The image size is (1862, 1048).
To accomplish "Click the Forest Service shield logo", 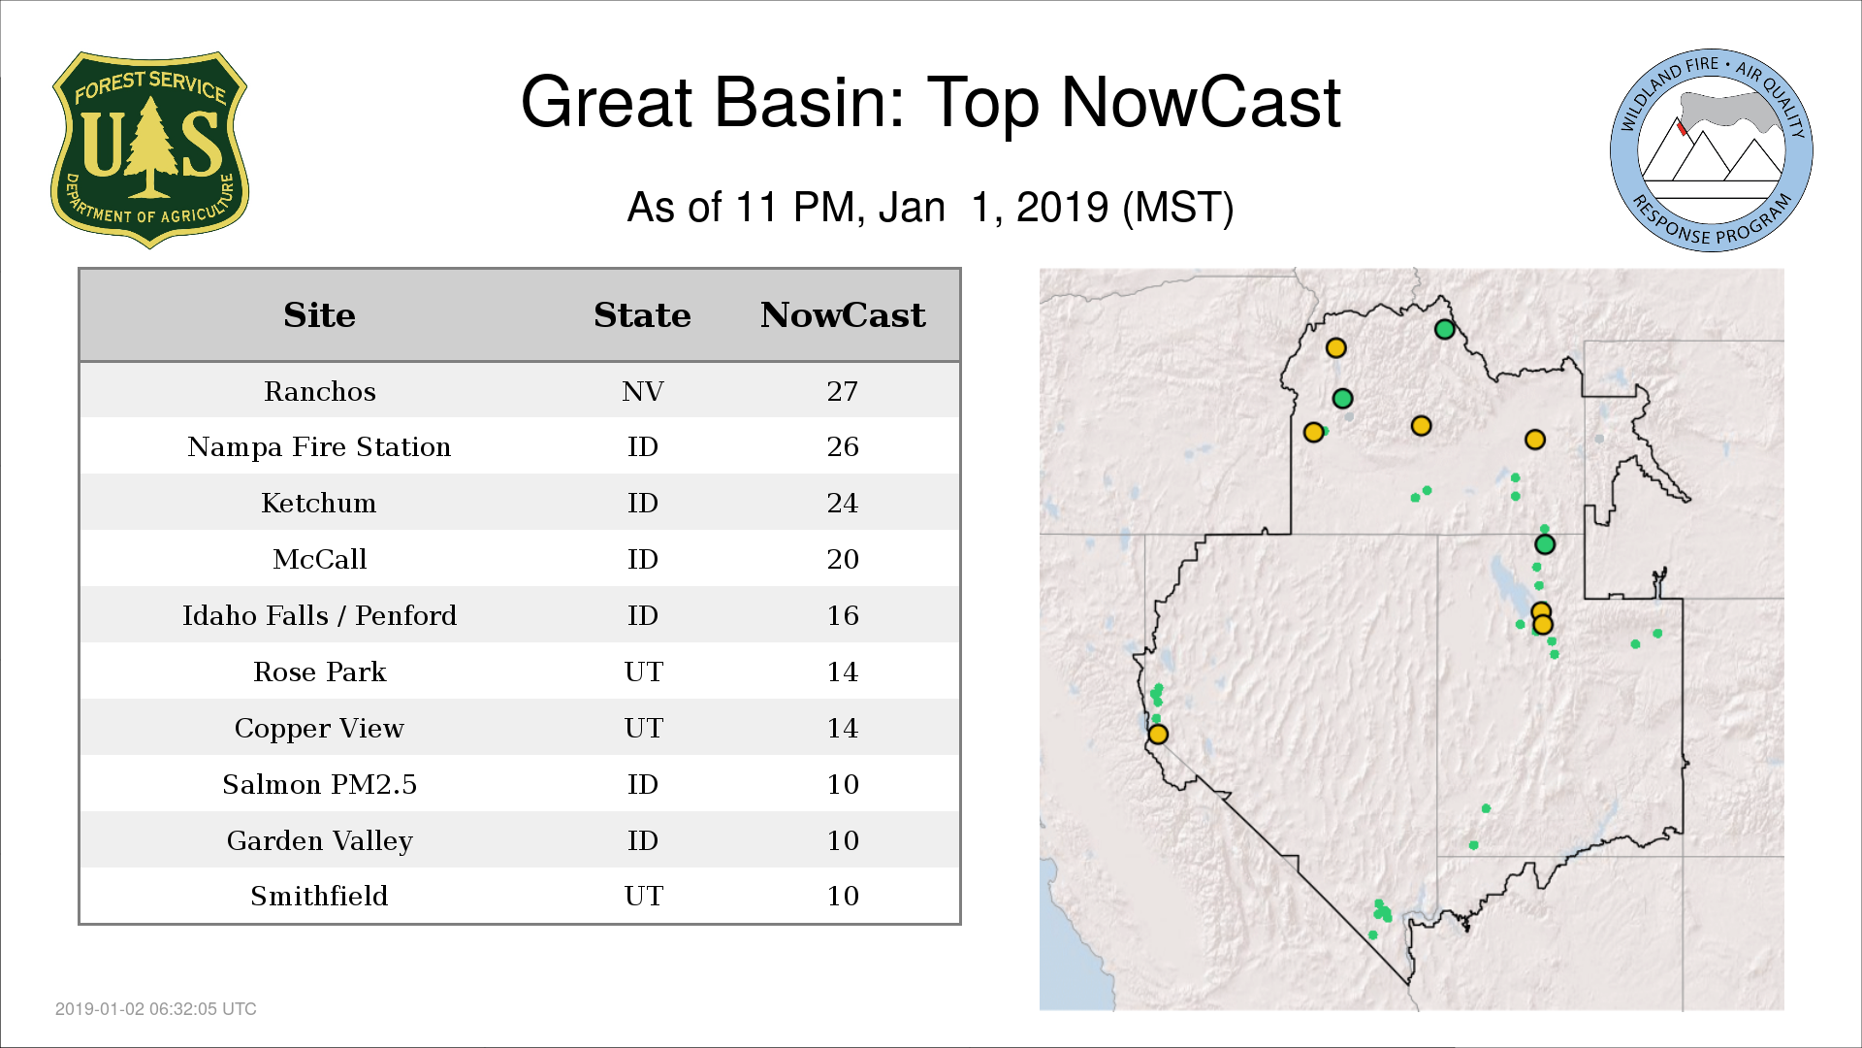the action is (149, 149).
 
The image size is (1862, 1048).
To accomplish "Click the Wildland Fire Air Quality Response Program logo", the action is (1712, 150).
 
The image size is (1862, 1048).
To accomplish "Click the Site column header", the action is (319, 315).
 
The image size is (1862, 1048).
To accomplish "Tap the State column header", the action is (642, 315).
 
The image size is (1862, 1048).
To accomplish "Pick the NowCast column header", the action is (843, 315).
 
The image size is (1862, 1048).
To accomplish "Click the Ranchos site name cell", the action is (320, 391).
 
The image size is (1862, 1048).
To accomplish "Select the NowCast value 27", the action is (843, 391).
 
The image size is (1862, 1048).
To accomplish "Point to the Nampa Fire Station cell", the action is (319, 446).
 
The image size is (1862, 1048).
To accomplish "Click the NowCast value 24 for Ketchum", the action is (843, 503).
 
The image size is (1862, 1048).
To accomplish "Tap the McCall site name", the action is (320, 559).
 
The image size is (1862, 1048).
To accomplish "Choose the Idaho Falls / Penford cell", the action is (319, 615).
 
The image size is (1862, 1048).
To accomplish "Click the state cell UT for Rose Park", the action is (644, 671).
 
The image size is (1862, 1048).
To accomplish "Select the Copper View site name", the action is (319, 728).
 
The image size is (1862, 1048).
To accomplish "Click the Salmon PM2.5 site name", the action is (319, 784).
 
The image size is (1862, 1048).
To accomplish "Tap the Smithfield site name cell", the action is (319, 896).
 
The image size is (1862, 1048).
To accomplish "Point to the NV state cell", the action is (643, 391).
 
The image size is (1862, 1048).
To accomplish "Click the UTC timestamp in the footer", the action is (156, 1009).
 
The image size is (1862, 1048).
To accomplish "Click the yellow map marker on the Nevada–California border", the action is (1158, 735).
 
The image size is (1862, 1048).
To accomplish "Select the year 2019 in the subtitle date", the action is (1062, 208).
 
